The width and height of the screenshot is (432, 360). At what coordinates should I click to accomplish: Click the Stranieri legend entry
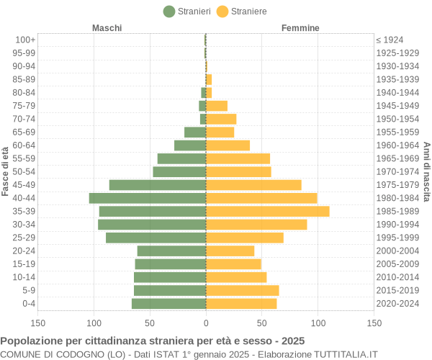(187, 11)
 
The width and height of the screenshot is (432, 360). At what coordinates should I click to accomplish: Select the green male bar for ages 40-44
(148, 198)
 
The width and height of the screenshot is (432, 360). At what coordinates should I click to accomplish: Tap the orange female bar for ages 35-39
(268, 211)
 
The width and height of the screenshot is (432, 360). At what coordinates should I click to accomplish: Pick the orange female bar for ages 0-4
(241, 304)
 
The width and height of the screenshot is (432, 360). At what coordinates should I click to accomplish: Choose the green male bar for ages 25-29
(156, 238)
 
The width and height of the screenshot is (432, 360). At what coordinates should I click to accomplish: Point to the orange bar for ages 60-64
(228, 145)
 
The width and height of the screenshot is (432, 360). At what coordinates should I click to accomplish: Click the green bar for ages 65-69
(195, 132)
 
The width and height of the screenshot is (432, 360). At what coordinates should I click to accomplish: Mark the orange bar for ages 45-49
(253, 185)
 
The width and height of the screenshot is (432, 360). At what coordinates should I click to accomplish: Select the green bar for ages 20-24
(172, 251)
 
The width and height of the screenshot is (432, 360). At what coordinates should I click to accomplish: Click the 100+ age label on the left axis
(25, 40)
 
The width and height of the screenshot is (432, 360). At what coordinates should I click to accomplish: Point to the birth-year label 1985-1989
(397, 211)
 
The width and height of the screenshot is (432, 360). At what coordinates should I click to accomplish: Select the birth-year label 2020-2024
(397, 304)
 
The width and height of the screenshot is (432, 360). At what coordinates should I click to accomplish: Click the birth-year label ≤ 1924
(390, 40)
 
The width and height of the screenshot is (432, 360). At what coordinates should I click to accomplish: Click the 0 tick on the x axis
(206, 324)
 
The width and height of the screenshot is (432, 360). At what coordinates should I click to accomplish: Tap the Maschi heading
(107, 28)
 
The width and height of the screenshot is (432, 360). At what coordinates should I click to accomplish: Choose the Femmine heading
(300, 28)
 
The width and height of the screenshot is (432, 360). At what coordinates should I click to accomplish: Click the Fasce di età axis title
(6, 171)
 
